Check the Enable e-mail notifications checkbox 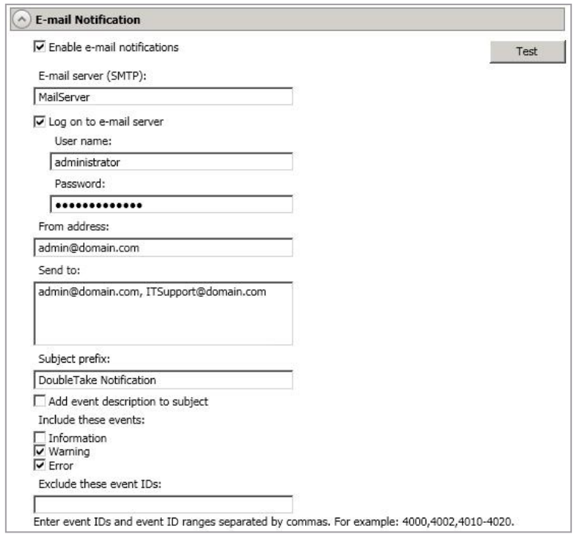pyautogui.click(x=39, y=47)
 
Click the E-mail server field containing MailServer pyautogui.click(x=163, y=97)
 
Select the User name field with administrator pyautogui.click(x=172, y=162)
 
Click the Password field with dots pyautogui.click(x=172, y=204)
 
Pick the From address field pyautogui.click(x=163, y=247)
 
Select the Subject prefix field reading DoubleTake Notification pyautogui.click(x=163, y=380)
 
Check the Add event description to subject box pyautogui.click(x=39, y=401)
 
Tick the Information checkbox pyautogui.click(x=39, y=438)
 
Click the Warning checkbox pyautogui.click(x=39, y=450)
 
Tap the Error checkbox pyautogui.click(x=39, y=464)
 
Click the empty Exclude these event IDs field pyautogui.click(x=163, y=504)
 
